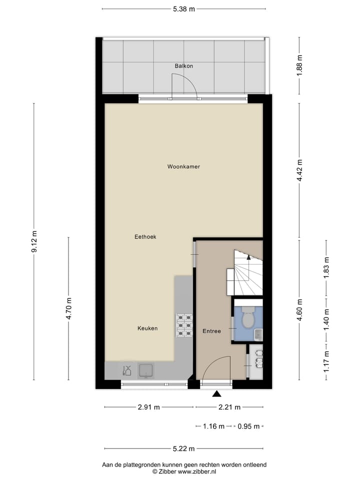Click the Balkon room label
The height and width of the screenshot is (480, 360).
[183, 66]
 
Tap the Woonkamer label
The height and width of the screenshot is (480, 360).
[183, 166]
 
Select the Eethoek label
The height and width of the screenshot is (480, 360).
[145, 236]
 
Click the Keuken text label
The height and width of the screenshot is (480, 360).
[147, 328]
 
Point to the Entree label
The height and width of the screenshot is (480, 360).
[211, 331]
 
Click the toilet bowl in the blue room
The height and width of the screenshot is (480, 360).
[248, 318]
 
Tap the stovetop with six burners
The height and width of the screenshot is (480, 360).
[184, 324]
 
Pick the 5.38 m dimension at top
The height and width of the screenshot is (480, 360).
[183, 9]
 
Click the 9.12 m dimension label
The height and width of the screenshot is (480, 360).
[34, 242]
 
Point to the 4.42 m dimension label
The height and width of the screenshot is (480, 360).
[299, 170]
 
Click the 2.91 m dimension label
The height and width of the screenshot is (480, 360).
[148, 407]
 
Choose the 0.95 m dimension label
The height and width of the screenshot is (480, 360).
[248, 426]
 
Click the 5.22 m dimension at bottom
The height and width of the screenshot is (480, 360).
[183, 448]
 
